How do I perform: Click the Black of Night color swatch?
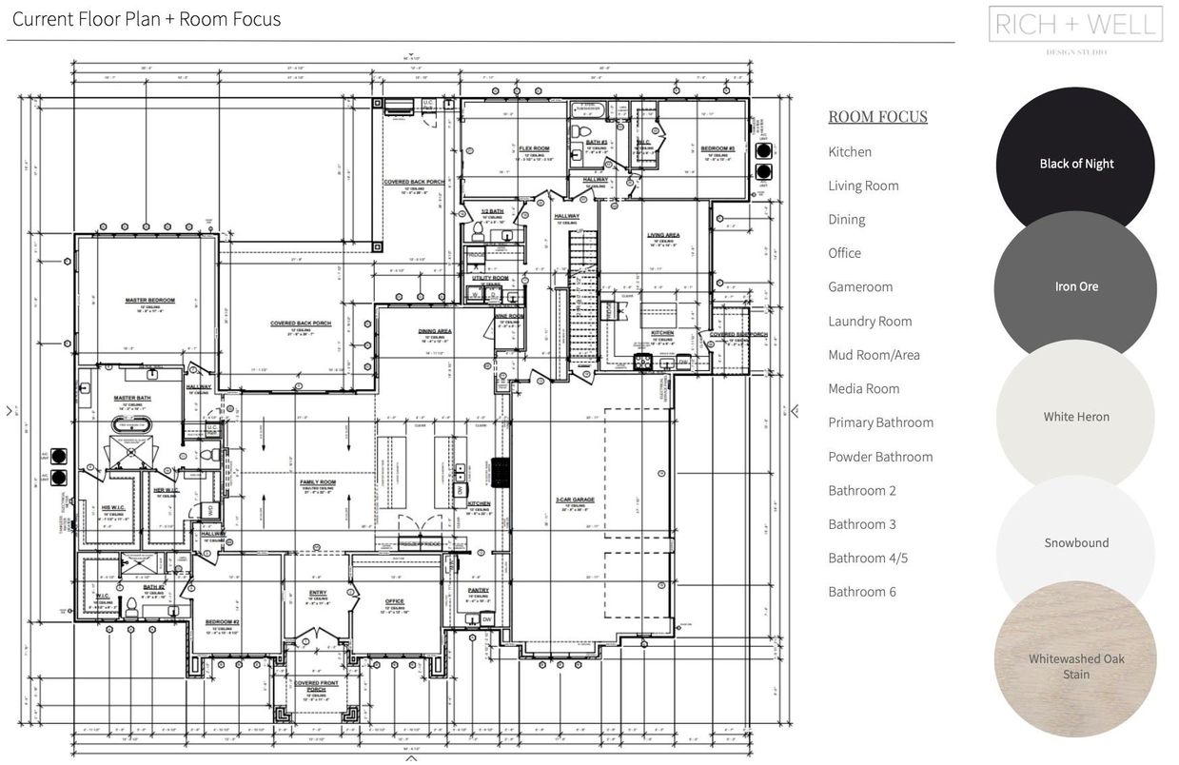(1075, 164)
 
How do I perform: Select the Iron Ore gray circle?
(1075, 286)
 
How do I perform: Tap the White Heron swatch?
(1075, 417)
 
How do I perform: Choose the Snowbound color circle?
(1075, 543)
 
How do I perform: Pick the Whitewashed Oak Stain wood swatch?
(1075, 666)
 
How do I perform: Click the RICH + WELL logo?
(1076, 25)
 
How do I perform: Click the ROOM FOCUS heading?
(877, 117)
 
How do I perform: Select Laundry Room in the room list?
(870, 322)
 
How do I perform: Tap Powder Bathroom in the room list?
(880, 457)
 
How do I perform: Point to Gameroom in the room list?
(860, 287)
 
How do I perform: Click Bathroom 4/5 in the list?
(868, 559)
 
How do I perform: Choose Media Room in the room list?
(863, 389)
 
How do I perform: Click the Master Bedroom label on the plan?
(149, 301)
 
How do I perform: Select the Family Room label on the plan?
(318, 482)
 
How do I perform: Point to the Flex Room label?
(534, 148)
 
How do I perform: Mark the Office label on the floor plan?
(395, 601)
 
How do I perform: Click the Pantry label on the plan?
(478, 590)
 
